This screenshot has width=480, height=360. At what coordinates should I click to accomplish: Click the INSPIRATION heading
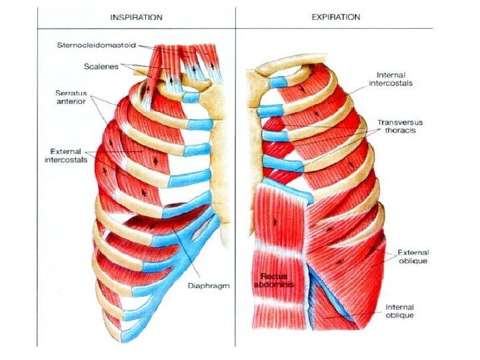[x=135, y=17]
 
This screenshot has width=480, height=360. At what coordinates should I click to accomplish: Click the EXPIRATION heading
[x=336, y=17]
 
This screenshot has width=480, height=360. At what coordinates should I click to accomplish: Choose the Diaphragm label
[x=209, y=285]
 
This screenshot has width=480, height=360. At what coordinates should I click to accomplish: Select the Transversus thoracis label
[x=401, y=127]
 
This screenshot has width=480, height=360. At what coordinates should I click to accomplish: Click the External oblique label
[x=413, y=257]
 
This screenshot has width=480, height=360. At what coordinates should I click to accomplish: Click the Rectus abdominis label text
[x=274, y=279]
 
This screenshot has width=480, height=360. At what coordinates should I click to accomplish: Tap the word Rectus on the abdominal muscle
[x=273, y=275]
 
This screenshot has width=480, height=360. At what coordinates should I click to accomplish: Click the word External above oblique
[x=413, y=252]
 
